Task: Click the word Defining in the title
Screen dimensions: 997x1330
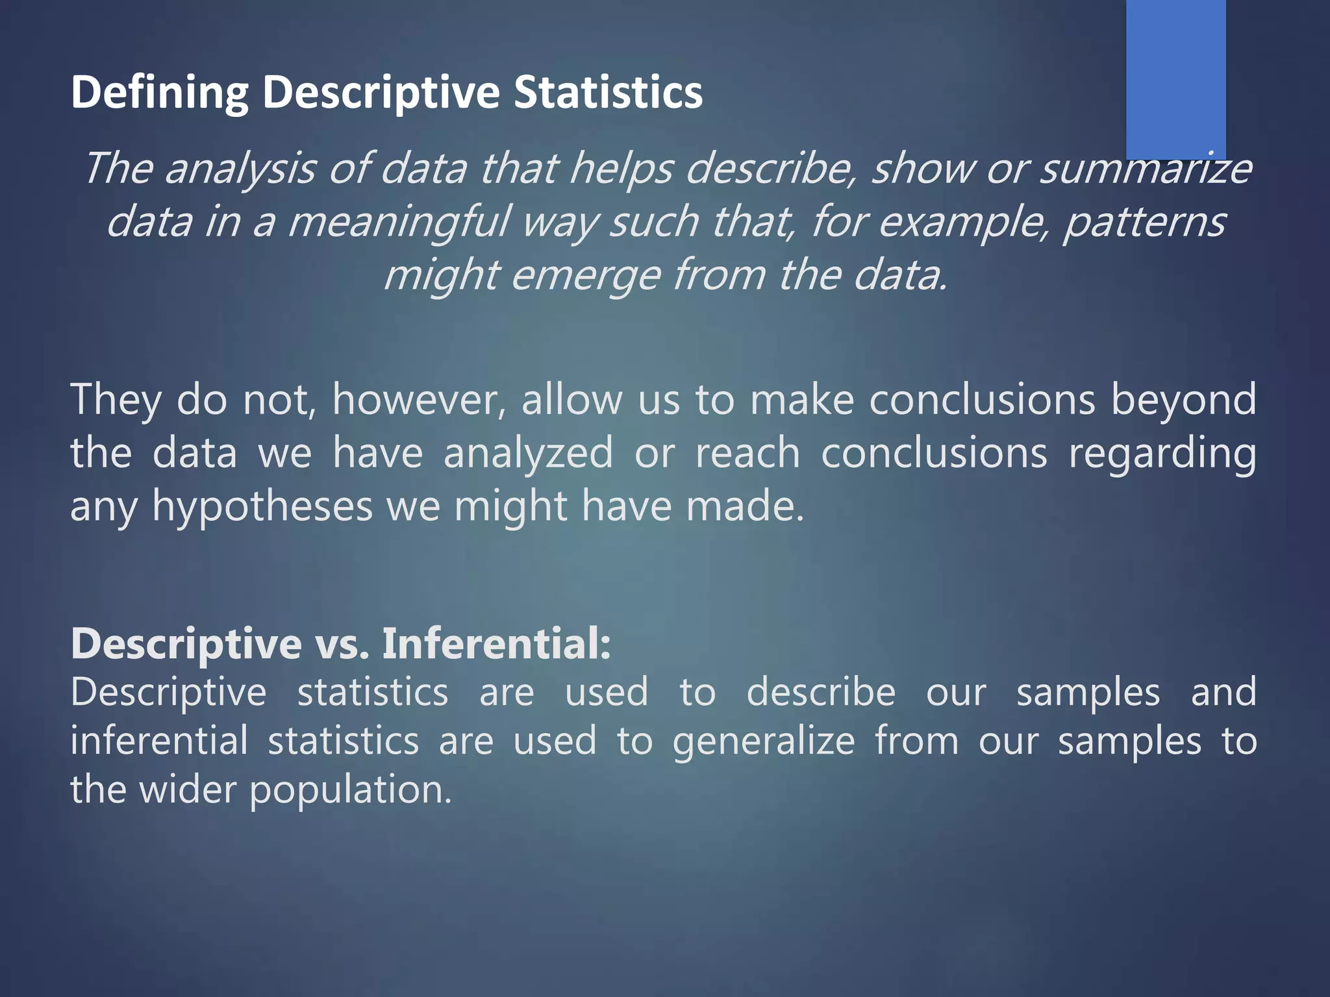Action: (159, 92)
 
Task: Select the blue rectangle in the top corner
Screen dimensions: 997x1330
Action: (1175, 78)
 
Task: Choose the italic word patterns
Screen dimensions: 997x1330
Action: (1143, 222)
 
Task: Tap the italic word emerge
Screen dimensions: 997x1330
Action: (585, 275)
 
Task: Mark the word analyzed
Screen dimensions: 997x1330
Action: (528, 453)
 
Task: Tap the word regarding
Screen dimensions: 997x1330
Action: (1162, 453)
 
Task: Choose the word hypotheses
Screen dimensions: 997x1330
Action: (262, 506)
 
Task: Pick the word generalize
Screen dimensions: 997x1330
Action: (763, 741)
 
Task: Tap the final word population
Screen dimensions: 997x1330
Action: (351, 790)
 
